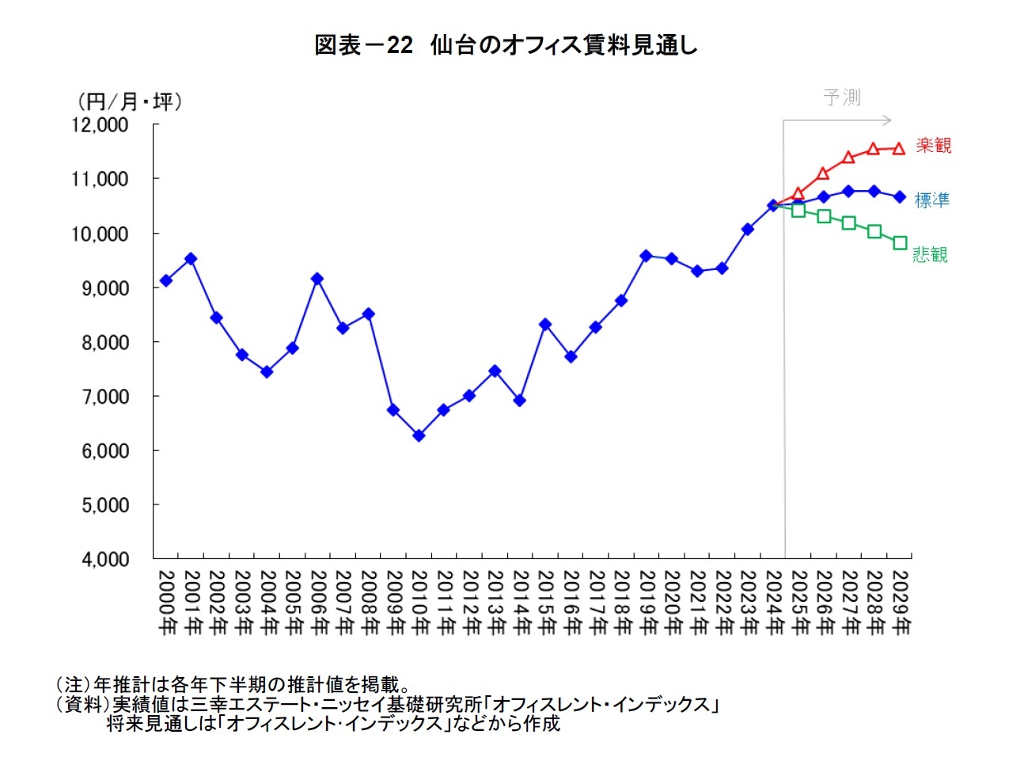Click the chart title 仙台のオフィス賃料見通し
point(506,45)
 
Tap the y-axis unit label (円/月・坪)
point(129,101)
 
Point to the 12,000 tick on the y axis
point(100,125)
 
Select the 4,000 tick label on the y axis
point(104,559)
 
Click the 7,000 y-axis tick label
point(104,397)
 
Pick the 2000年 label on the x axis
point(166,603)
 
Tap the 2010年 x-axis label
point(419,603)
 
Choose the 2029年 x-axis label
point(900,603)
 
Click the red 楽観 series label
point(934,146)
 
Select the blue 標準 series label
point(932,200)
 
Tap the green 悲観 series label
point(930,254)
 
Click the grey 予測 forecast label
point(841,97)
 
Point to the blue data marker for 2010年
point(419,436)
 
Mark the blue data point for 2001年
point(191,259)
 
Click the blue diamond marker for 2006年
point(317,279)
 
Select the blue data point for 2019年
point(646,256)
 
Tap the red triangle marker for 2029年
point(899,148)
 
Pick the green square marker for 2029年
point(900,243)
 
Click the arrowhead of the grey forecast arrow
point(888,120)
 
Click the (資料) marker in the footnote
point(82,704)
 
